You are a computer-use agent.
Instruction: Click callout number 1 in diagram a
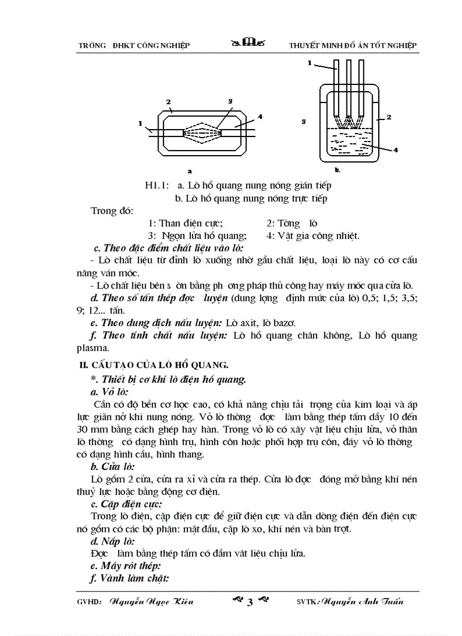140,123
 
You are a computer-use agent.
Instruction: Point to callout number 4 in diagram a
260,116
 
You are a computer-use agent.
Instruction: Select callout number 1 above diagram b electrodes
310,63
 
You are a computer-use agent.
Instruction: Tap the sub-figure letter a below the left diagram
190,170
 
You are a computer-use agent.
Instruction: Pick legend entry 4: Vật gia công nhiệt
313,236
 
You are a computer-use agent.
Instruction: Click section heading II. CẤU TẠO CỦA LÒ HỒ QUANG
153,365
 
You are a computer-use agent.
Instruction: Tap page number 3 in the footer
249,602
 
